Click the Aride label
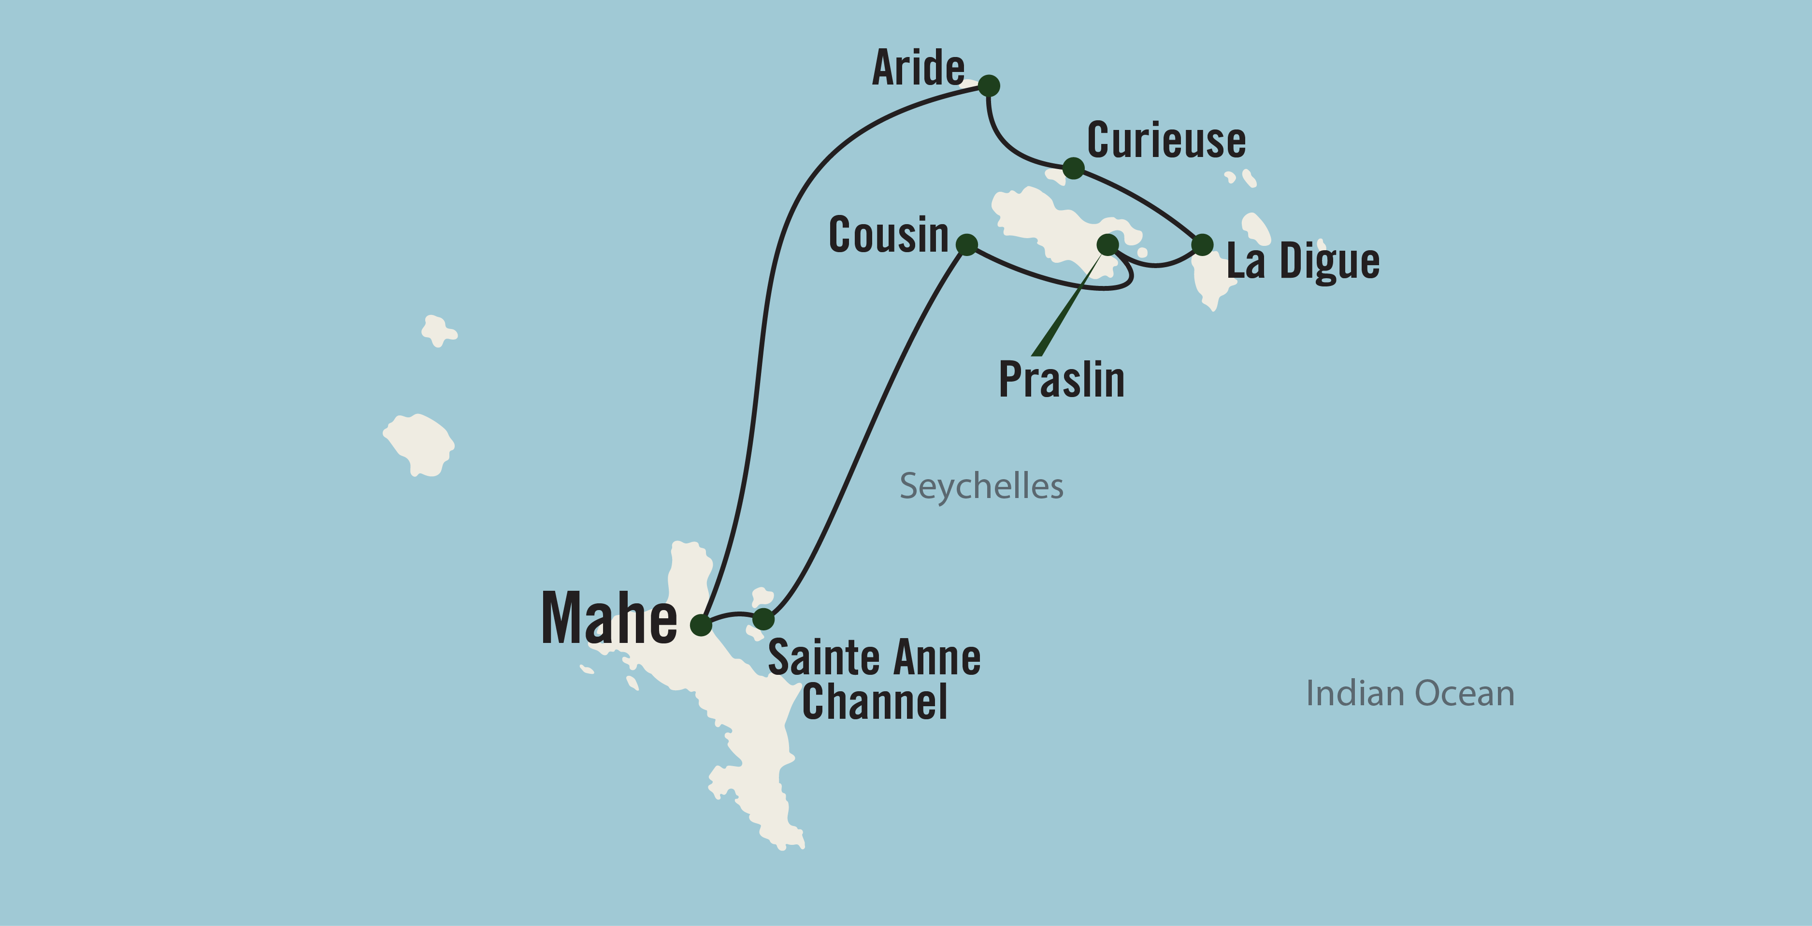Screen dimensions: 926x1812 [918, 69]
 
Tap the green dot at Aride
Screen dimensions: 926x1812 [989, 86]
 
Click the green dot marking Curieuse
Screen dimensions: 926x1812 [1073, 168]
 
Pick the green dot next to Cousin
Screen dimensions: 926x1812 [967, 245]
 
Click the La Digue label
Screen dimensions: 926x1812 [1303, 261]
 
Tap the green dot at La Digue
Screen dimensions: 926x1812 [1203, 245]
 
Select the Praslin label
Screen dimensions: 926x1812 [1062, 380]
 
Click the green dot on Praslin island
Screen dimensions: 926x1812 [1108, 245]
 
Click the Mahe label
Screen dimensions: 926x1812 [609, 619]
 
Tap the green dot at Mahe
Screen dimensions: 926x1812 [701, 625]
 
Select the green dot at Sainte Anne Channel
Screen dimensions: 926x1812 [763, 619]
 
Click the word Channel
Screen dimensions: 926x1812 [874, 702]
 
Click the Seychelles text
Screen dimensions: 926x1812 [981, 486]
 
